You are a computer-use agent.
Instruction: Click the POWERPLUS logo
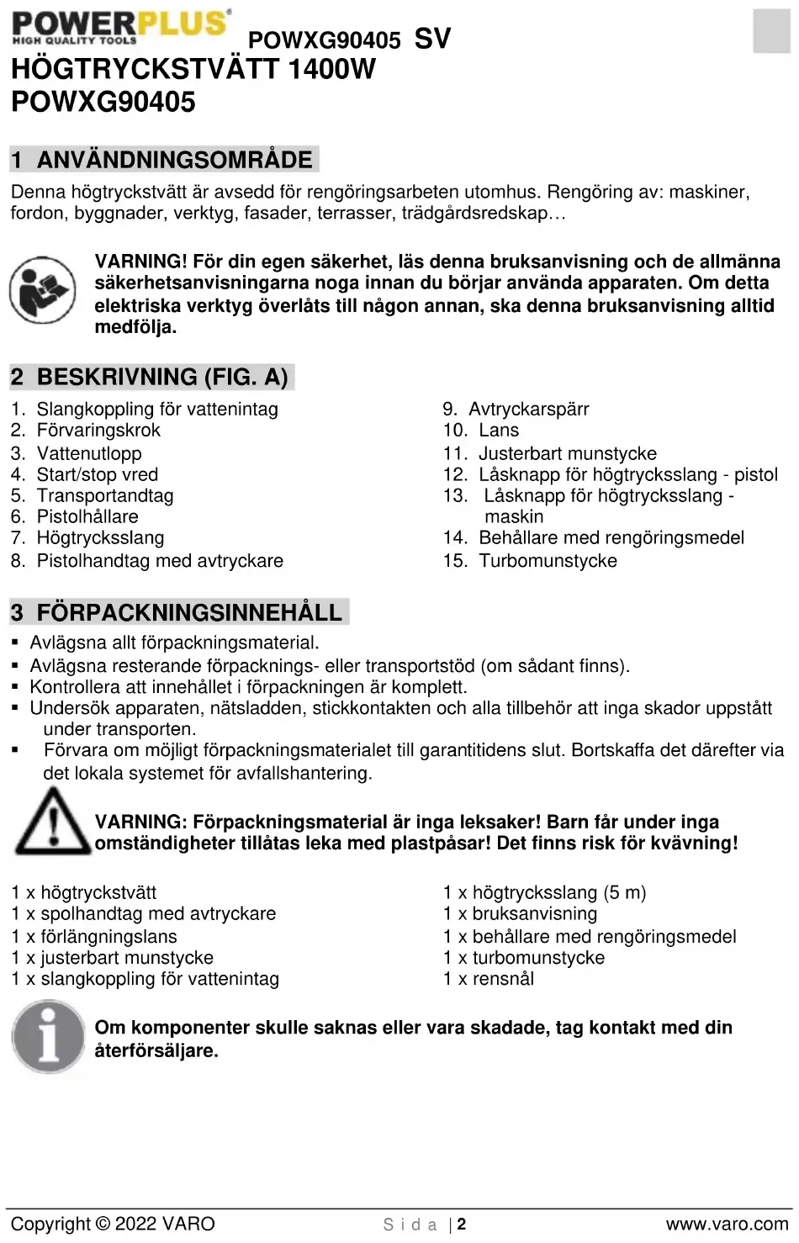[120, 27]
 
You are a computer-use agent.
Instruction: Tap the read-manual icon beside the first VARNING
[42, 290]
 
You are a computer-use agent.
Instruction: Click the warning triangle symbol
[52, 822]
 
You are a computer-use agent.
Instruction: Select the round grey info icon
[48, 1036]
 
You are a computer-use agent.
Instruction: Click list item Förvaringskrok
[98, 431]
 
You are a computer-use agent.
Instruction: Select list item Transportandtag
[105, 496]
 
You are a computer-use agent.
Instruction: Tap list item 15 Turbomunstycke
[548, 561]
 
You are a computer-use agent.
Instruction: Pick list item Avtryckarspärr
[528, 410]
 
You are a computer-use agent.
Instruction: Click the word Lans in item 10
[499, 431]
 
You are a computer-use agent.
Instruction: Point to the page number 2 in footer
[462, 1224]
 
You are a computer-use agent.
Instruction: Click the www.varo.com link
[727, 1224]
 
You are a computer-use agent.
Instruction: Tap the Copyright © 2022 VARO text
[113, 1224]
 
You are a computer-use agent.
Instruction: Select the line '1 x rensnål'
[489, 979]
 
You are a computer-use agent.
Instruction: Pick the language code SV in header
[432, 39]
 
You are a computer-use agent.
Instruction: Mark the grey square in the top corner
[771, 31]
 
